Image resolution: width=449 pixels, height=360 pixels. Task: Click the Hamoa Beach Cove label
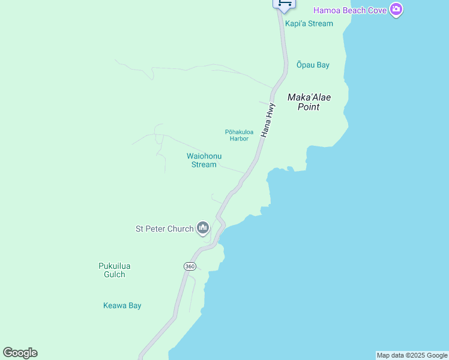(351, 10)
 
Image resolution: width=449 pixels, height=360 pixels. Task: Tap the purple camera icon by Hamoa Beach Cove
(396, 10)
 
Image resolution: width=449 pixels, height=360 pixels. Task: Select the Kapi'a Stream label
(309, 23)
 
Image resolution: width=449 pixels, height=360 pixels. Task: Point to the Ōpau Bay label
(313, 65)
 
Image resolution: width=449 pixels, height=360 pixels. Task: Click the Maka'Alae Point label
(309, 102)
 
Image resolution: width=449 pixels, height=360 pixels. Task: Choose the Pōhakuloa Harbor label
(239, 135)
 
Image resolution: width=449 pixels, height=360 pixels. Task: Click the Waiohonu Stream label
(204, 160)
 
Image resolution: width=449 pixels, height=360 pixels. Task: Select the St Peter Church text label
(164, 229)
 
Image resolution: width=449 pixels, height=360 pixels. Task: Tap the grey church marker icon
(203, 228)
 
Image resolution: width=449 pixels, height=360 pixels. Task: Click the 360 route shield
(190, 266)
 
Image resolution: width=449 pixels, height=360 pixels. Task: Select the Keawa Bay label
(122, 305)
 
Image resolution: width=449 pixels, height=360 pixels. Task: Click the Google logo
(20, 353)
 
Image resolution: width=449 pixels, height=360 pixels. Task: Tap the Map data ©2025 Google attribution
(412, 355)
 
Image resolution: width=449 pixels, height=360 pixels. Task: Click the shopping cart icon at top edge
(284, 4)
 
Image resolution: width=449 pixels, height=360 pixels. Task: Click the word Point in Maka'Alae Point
(309, 107)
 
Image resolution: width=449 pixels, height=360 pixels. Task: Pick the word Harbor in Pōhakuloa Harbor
(239, 139)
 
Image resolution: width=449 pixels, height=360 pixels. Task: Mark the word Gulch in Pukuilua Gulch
(114, 275)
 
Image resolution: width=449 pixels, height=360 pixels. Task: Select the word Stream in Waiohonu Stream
(204, 164)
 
